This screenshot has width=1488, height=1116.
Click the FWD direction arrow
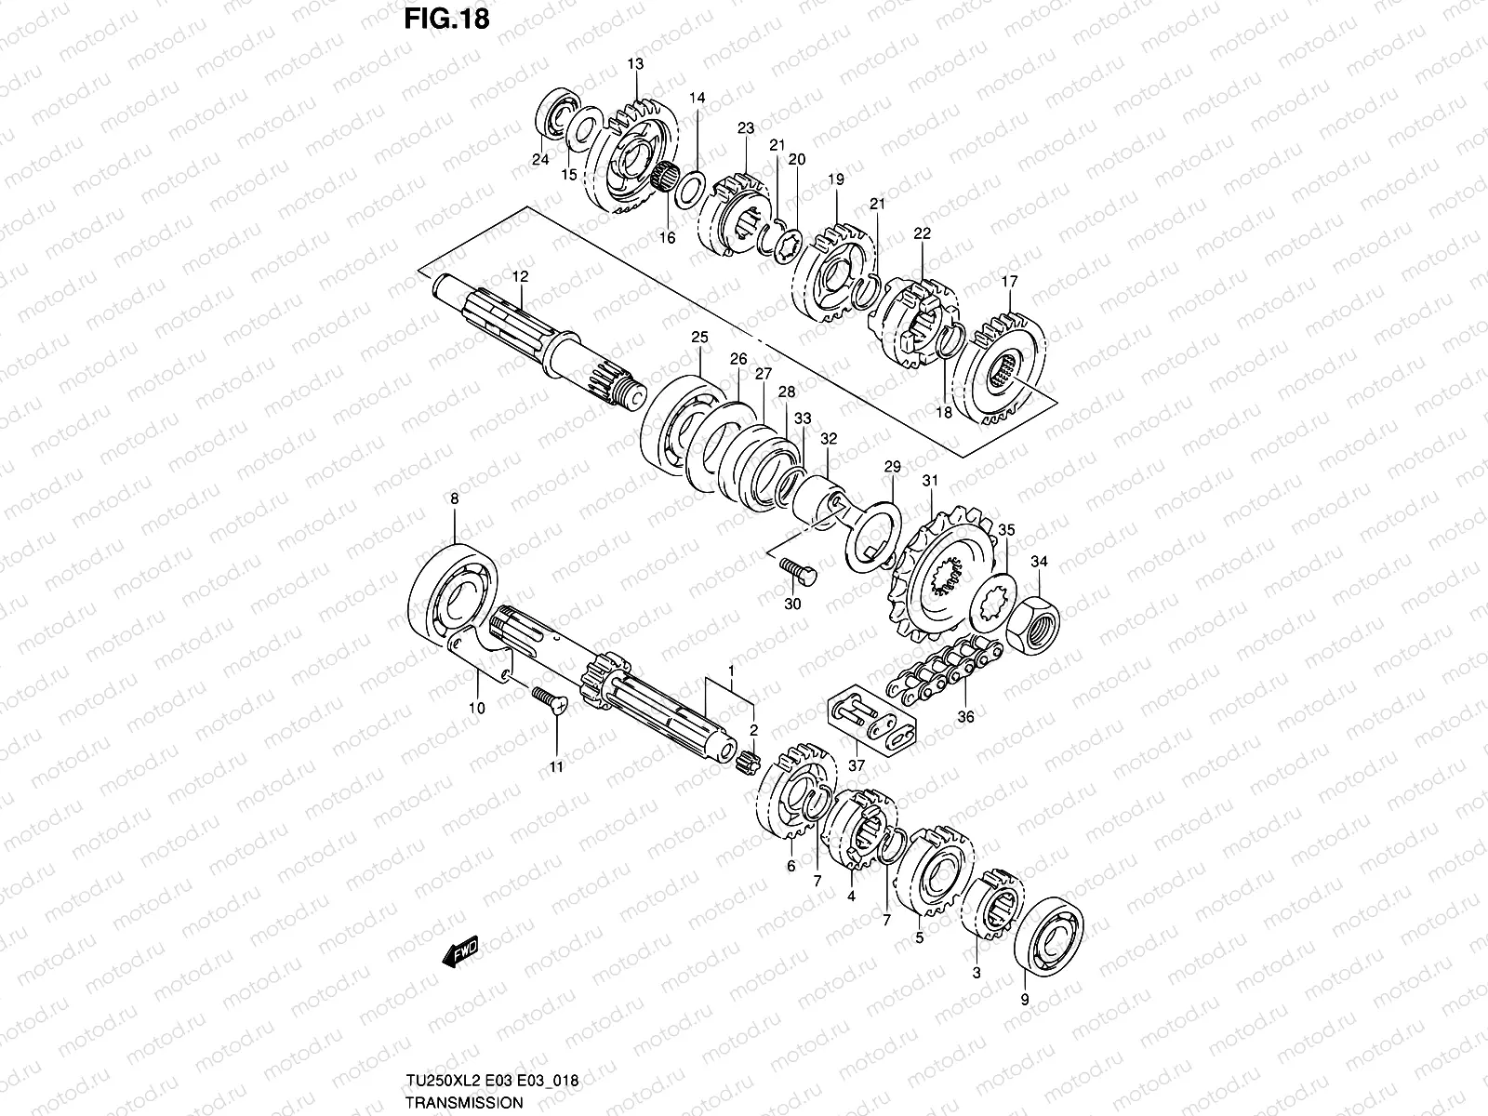459,951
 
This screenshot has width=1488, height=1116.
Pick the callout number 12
520,276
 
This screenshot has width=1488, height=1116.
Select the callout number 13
635,64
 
